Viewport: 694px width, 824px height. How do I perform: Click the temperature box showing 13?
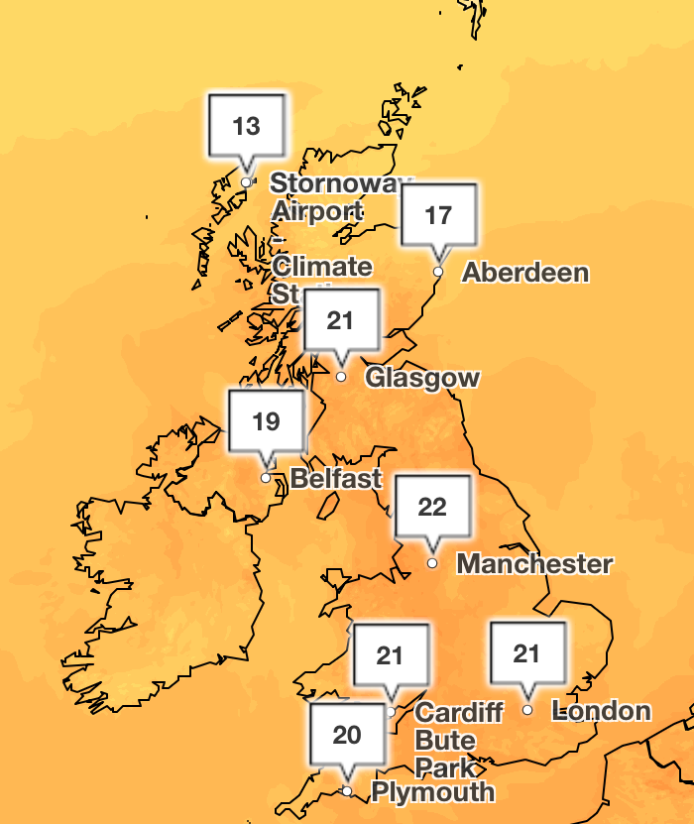coord(247,126)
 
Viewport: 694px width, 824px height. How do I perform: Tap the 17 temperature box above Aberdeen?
coord(439,214)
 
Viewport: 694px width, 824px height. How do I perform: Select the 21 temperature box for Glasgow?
coord(341,320)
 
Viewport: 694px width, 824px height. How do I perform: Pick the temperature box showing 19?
coord(266,421)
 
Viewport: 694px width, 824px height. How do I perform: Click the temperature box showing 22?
coord(432,508)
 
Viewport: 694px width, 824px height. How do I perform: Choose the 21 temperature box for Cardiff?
coord(391,654)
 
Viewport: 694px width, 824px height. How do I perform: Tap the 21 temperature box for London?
coord(527,653)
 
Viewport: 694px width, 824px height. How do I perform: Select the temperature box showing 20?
coord(347,735)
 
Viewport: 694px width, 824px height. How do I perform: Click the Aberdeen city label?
coord(525,273)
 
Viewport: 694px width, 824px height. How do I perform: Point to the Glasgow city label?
coord(422,378)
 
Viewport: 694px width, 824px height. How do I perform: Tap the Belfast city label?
coord(336,479)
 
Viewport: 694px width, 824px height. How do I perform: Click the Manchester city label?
coord(534,564)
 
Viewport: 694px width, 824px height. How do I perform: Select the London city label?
coord(602,711)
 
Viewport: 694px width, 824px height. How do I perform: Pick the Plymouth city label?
coord(432,792)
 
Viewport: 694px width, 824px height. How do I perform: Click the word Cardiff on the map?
coord(459,713)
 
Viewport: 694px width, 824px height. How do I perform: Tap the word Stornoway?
coord(339,183)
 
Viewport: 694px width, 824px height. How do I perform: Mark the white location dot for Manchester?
coord(432,563)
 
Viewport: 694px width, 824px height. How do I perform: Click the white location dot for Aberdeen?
coord(438,271)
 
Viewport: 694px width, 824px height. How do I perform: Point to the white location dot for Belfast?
coord(266,478)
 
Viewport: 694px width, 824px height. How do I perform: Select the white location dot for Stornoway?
coord(247,182)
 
